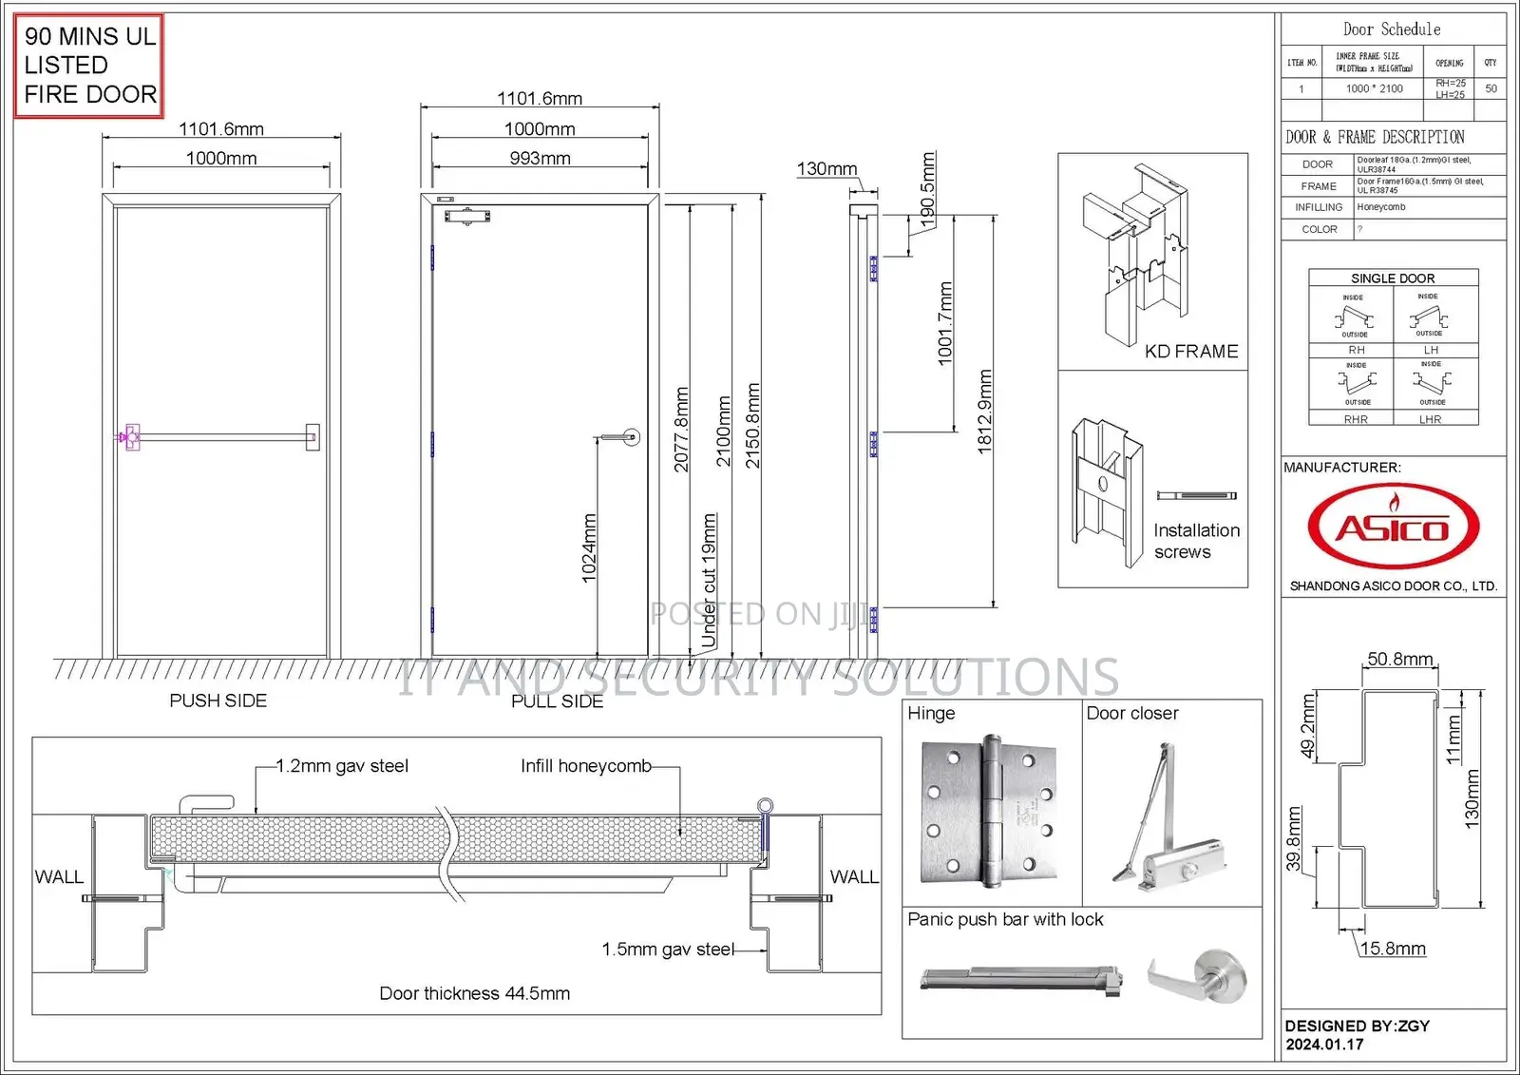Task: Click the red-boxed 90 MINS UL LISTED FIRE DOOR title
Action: coord(89,66)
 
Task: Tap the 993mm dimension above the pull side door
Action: coord(540,158)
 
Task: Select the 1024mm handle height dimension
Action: coord(589,548)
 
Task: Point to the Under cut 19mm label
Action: coord(709,581)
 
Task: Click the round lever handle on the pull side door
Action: coord(631,437)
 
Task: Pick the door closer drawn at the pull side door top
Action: coord(467,217)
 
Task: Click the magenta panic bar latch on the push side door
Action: coord(129,437)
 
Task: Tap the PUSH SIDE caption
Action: coord(218,701)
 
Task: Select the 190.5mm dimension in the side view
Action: coord(928,186)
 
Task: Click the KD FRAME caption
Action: coord(1190,352)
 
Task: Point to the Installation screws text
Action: coord(1195,541)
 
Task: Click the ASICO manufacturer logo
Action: coord(1393,527)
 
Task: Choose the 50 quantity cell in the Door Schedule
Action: coord(1491,88)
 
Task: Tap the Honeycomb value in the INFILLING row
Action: coord(1380,207)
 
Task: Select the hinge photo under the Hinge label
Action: coord(989,811)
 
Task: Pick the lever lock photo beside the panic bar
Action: coord(1199,978)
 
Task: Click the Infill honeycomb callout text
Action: coord(585,766)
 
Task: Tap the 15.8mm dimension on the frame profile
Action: coord(1392,949)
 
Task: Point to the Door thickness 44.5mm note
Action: coord(474,993)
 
